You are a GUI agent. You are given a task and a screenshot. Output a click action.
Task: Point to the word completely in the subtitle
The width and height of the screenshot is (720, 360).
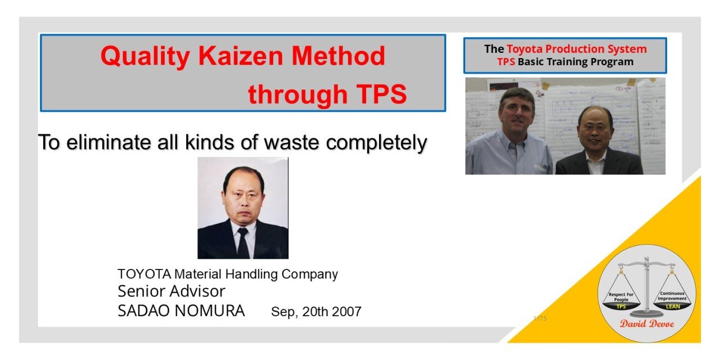pyautogui.click(x=376, y=142)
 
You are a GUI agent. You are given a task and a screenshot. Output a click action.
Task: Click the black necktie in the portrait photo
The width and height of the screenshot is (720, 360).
pyautogui.click(x=242, y=242)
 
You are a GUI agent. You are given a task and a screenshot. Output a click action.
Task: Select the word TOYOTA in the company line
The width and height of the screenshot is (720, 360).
pyautogui.click(x=145, y=274)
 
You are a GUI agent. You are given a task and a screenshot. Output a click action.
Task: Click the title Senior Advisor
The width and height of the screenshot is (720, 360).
pyautogui.click(x=171, y=291)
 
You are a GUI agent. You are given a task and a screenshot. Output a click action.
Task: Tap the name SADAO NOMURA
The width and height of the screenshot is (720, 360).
pyautogui.click(x=181, y=310)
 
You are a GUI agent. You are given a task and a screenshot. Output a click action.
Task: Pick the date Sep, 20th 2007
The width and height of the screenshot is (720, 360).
pyautogui.click(x=316, y=312)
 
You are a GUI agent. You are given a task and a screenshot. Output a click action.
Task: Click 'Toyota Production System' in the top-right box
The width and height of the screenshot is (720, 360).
pyautogui.click(x=577, y=49)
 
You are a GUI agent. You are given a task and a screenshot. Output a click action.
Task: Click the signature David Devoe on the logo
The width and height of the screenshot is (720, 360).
pyautogui.click(x=647, y=323)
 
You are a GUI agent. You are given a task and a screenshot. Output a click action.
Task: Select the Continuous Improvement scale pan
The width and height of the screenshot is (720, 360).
pyautogui.click(x=672, y=298)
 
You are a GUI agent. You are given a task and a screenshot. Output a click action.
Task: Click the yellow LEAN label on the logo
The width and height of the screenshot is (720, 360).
pyautogui.click(x=673, y=307)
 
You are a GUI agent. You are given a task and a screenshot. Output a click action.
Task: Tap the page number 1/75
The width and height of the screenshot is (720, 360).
pyautogui.click(x=540, y=318)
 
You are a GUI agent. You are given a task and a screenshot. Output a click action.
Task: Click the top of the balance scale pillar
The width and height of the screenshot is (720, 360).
pyautogui.click(x=647, y=260)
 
